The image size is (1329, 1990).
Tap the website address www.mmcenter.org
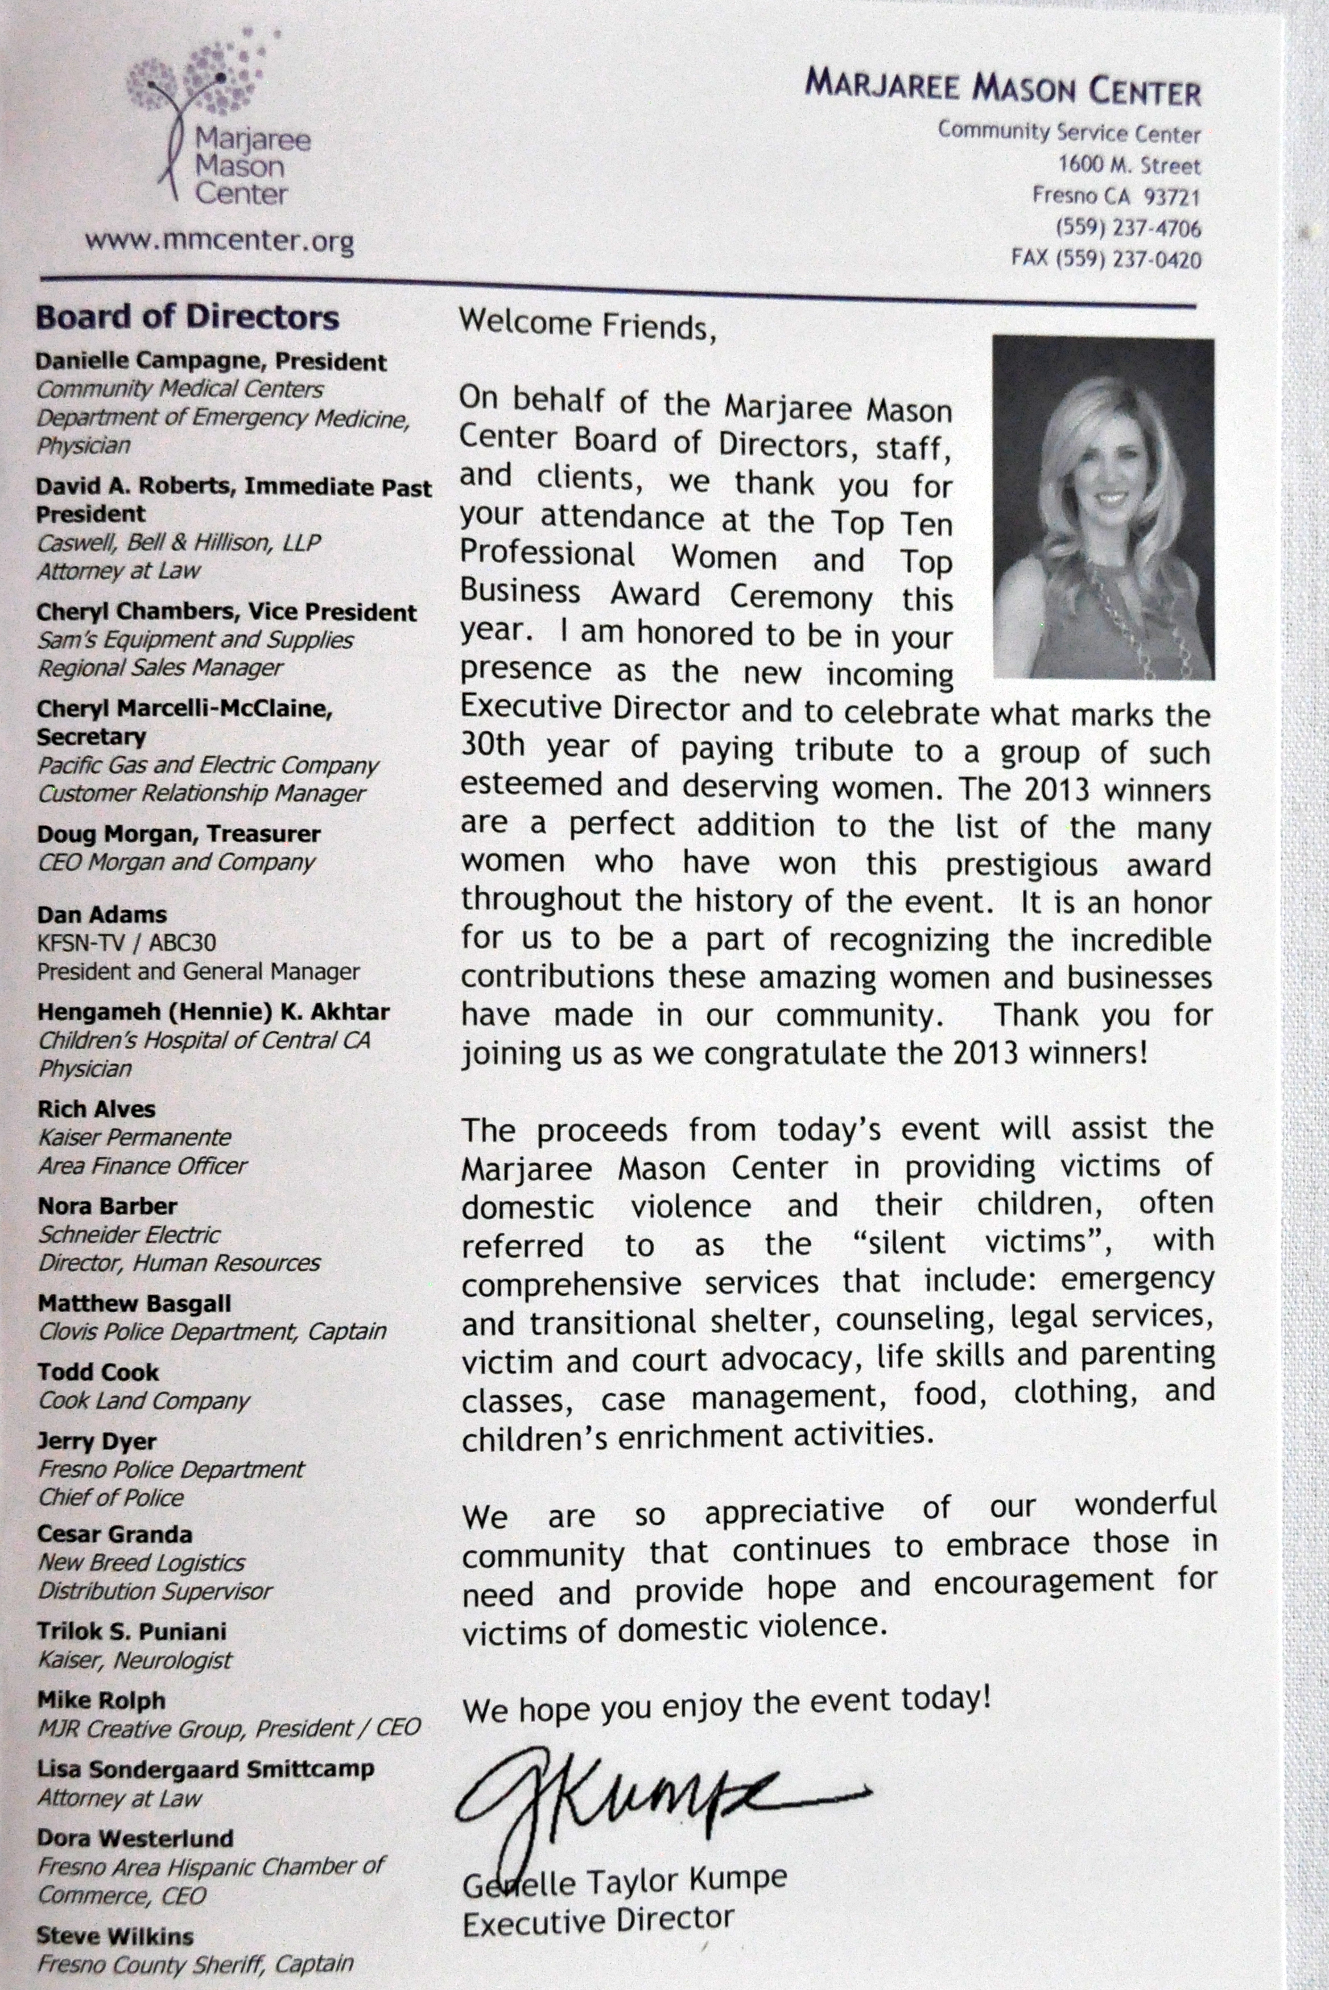(218, 241)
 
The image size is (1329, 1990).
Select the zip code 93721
(1171, 197)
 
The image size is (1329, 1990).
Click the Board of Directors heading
(187, 318)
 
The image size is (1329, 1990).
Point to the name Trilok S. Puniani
(131, 1631)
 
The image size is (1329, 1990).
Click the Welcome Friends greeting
(587, 324)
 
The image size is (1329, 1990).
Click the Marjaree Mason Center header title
(1002, 88)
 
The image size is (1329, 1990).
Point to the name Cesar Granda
(114, 1535)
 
